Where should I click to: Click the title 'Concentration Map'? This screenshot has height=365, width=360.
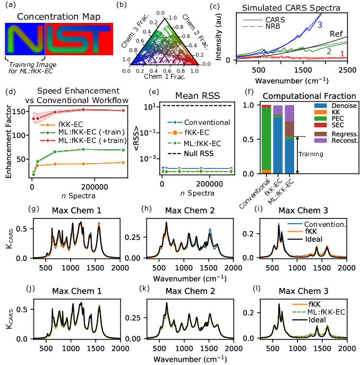click(x=58, y=17)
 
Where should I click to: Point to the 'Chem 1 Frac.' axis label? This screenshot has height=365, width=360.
click(x=165, y=77)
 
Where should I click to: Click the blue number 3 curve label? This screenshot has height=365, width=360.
click(x=320, y=25)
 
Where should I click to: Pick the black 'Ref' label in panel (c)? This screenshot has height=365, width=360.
click(x=336, y=34)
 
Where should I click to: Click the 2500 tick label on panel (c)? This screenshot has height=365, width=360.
click(x=347, y=70)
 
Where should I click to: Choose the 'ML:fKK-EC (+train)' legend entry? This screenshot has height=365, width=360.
click(x=83, y=141)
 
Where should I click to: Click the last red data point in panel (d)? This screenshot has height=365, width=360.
click(x=123, y=111)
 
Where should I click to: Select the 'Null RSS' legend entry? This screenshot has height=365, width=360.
click(x=191, y=154)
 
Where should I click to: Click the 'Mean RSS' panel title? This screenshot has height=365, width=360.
click(x=198, y=96)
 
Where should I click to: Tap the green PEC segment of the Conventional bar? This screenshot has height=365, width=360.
click(x=267, y=139)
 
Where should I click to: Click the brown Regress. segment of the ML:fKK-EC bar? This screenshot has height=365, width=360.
click(x=289, y=129)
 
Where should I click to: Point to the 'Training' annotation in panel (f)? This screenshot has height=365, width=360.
click(x=311, y=154)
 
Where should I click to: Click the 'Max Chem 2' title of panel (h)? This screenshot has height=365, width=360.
click(x=190, y=210)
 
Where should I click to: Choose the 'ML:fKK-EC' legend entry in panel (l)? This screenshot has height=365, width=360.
click(x=319, y=312)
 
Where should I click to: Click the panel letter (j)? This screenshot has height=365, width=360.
click(x=30, y=288)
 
